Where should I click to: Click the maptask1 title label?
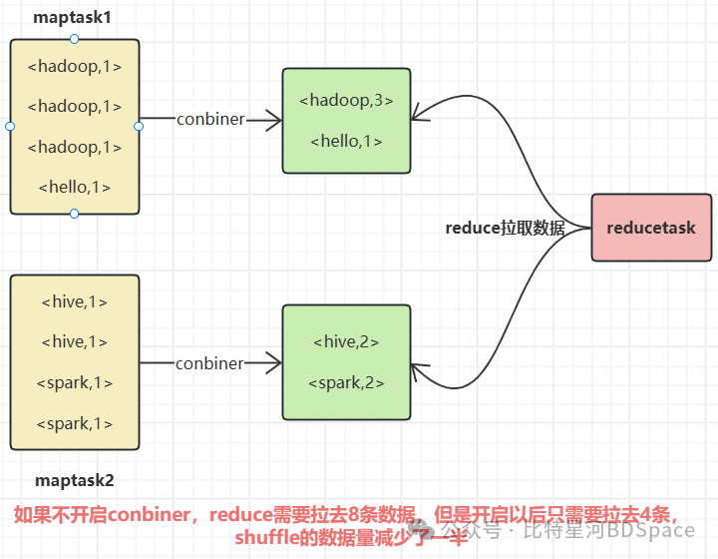click(x=74, y=18)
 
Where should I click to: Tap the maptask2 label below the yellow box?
click(x=75, y=480)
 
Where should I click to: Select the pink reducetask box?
click(x=651, y=228)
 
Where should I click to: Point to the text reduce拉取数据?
click(x=505, y=228)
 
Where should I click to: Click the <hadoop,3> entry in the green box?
click(x=346, y=100)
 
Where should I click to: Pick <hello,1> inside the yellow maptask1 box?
click(x=75, y=187)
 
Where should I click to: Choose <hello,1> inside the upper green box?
click(x=346, y=141)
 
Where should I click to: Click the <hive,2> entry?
click(x=346, y=341)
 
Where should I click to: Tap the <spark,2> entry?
click(x=346, y=382)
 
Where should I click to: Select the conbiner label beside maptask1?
click(x=210, y=119)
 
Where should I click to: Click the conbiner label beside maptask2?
click(x=209, y=363)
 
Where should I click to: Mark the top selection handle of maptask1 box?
click(x=75, y=38)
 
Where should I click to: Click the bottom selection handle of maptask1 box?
click(x=75, y=214)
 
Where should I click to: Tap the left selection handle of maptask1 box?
click(x=10, y=126)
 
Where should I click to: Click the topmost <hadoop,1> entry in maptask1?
click(x=75, y=67)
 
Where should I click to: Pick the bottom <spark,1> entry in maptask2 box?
click(x=75, y=423)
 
